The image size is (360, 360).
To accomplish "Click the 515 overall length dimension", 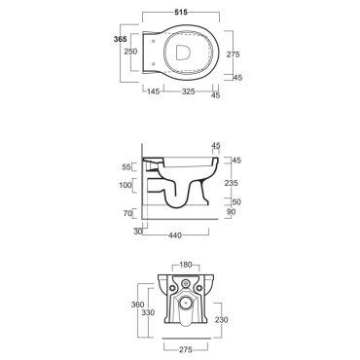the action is click(181, 12).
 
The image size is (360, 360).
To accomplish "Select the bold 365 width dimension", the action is click(120, 39).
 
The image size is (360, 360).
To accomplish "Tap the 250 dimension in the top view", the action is click(131, 52).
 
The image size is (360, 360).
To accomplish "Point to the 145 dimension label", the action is click(154, 91).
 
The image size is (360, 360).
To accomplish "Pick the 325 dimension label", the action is click(189, 91).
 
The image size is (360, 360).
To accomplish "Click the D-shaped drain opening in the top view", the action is click(183, 53).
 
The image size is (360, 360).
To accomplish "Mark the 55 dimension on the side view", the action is click(126, 167).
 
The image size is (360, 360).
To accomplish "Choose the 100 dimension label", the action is click(126, 185).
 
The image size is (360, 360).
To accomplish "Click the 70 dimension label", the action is click(127, 213).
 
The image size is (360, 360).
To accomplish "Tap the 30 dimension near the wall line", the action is click(138, 232).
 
